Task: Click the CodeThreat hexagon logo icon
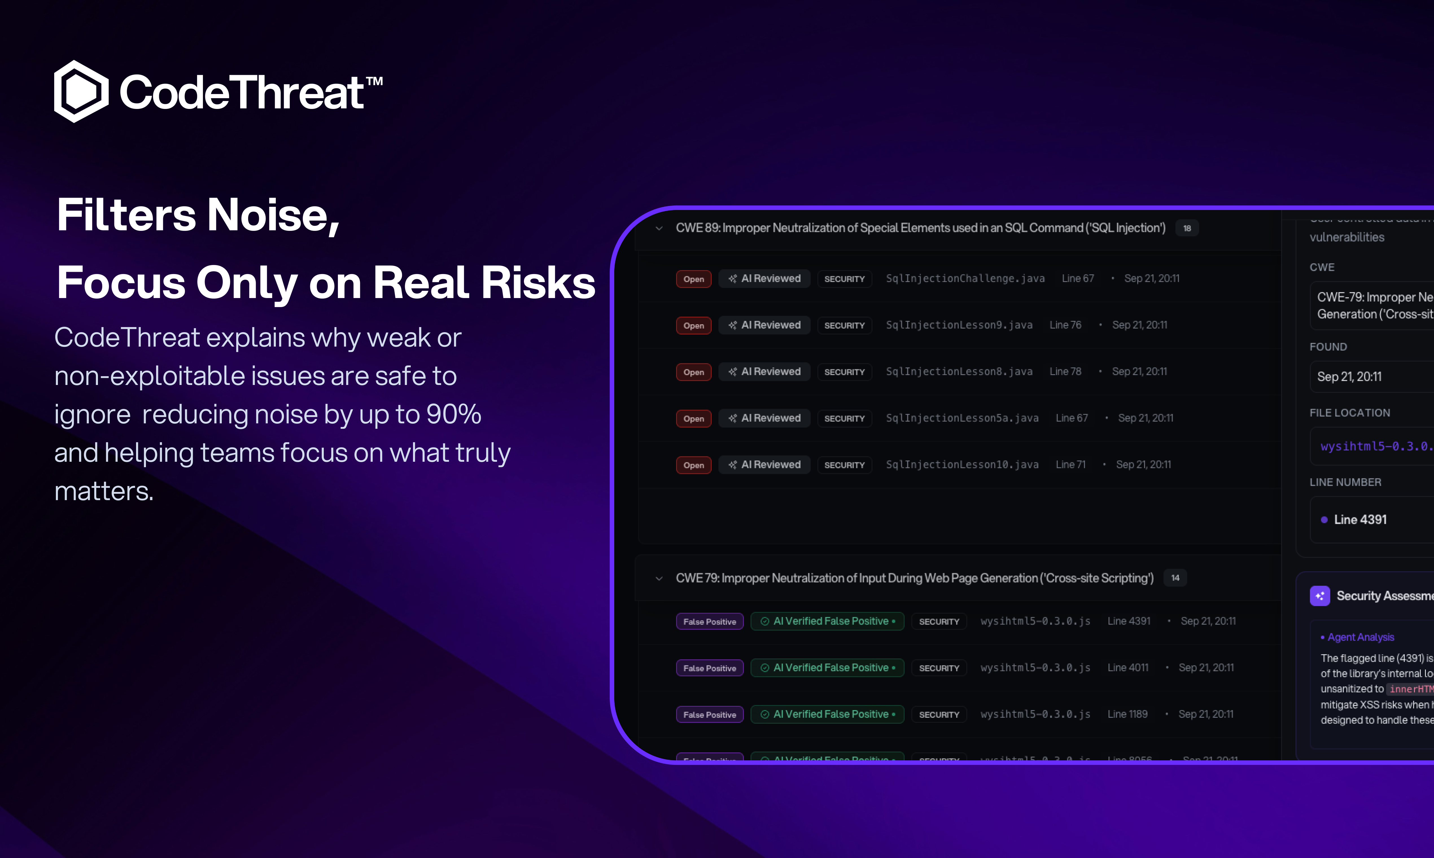tap(81, 91)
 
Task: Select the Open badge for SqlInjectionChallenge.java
tap(693, 279)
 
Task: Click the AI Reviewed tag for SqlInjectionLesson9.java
tap(764, 325)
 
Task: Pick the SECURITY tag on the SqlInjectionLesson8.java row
tap(844, 372)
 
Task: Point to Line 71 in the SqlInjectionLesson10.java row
tap(1070, 464)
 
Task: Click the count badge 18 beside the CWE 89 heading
tap(1186, 228)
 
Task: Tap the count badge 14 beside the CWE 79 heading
tap(1175, 577)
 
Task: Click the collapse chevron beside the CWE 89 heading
tap(659, 228)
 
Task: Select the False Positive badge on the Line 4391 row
tap(709, 621)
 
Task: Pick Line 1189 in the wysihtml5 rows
tap(1127, 714)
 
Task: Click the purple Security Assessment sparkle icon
tap(1319, 596)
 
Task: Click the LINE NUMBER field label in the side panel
tap(1345, 482)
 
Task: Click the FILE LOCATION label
tap(1350, 413)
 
